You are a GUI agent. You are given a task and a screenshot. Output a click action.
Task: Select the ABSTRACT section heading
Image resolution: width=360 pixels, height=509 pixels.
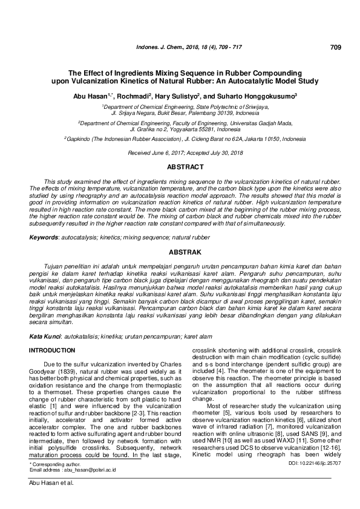click(186, 165)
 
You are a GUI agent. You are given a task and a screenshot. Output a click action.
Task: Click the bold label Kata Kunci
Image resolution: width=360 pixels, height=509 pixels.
click(47, 336)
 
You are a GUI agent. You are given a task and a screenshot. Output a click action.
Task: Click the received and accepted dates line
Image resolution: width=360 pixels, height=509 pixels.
click(186, 154)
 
